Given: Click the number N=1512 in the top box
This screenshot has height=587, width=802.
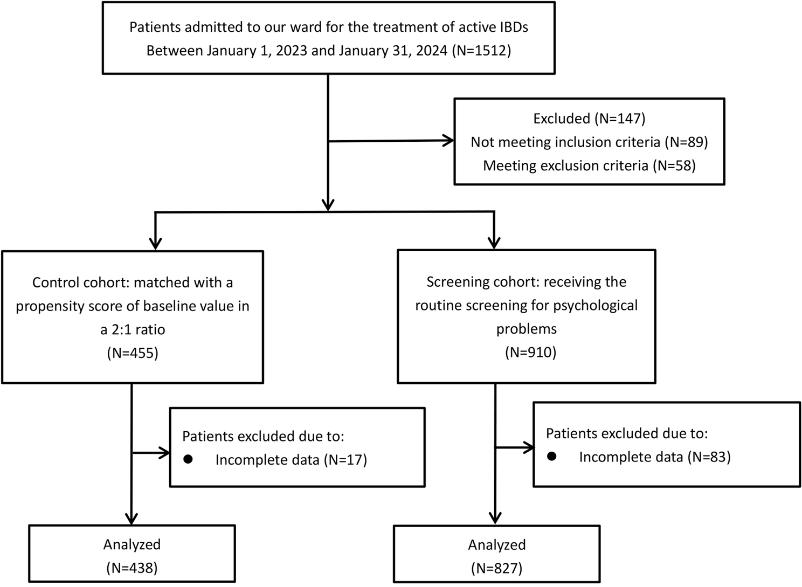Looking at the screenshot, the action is pyautogui.click(x=481, y=51).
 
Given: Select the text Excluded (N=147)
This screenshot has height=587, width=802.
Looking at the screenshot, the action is pyautogui.click(x=589, y=119).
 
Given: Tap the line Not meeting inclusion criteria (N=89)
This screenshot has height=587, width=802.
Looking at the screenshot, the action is pyautogui.click(x=589, y=142).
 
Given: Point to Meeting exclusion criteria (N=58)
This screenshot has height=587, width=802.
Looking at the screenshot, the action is pyautogui.click(x=589, y=166).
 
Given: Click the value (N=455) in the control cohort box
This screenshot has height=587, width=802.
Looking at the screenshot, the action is pyautogui.click(x=133, y=353).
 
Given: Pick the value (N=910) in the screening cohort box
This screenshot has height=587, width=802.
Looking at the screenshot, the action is pyautogui.click(x=530, y=353).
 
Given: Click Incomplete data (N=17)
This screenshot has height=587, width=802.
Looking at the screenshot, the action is pyautogui.click(x=291, y=460).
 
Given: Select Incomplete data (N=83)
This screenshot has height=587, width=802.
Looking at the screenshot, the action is pyautogui.click(x=655, y=457).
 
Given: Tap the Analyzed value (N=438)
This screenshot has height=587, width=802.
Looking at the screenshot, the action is pyautogui.click(x=132, y=568).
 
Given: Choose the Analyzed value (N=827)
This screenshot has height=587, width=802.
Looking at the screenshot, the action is pyautogui.click(x=496, y=568).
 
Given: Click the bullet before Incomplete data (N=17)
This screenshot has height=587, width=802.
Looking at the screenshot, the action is pyautogui.click(x=188, y=459).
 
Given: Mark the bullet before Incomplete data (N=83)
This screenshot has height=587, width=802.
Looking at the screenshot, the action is pyautogui.click(x=552, y=456).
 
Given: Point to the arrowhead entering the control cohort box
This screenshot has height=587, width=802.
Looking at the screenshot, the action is pyautogui.click(x=155, y=244).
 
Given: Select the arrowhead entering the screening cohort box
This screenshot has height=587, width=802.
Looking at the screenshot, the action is pyautogui.click(x=494, y=243).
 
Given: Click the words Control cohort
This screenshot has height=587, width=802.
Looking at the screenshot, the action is pyautogui.click(x=80, y=282).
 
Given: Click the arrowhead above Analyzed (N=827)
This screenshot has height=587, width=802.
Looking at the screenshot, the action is pyautogui.click(x=495, y=518).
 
